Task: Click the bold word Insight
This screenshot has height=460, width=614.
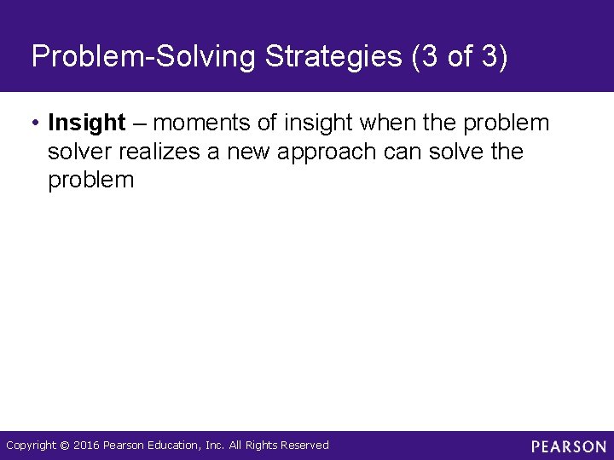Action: coord(87,124)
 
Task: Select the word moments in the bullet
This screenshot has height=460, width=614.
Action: coord(201,124)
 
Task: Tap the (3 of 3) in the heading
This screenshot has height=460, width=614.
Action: coord(459,57)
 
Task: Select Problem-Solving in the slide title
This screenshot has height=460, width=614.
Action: coord(144,57)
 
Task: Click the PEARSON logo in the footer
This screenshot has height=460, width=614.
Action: coord(569,446)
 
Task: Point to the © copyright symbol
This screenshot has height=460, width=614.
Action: coord(65,446)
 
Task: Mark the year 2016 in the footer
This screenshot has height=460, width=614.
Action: coord(86,446)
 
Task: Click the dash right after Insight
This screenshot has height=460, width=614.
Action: coord(139,124)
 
